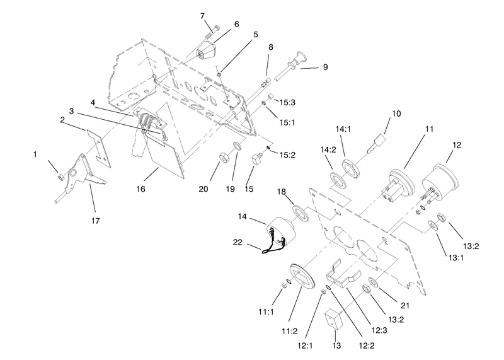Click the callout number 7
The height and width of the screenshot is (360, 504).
[x=202, y=16]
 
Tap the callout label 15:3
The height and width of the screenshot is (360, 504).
[x=287, y=103]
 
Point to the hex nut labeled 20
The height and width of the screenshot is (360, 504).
[x=224, y=158]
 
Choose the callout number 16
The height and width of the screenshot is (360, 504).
[x=140, y=189]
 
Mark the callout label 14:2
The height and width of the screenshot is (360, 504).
[x=328, y=150]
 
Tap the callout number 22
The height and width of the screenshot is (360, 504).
[x=238, y=242]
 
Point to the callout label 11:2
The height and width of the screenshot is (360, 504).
[x=290, y=331]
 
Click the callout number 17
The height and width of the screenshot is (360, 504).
[x=96, y=221]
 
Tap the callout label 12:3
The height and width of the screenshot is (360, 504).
[x=379, y=330]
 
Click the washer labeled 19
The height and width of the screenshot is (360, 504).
[x=238, y=147]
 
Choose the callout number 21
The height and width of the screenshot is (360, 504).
[x=405, y=305]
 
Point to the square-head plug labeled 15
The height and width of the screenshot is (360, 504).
[x=257, y=160]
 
